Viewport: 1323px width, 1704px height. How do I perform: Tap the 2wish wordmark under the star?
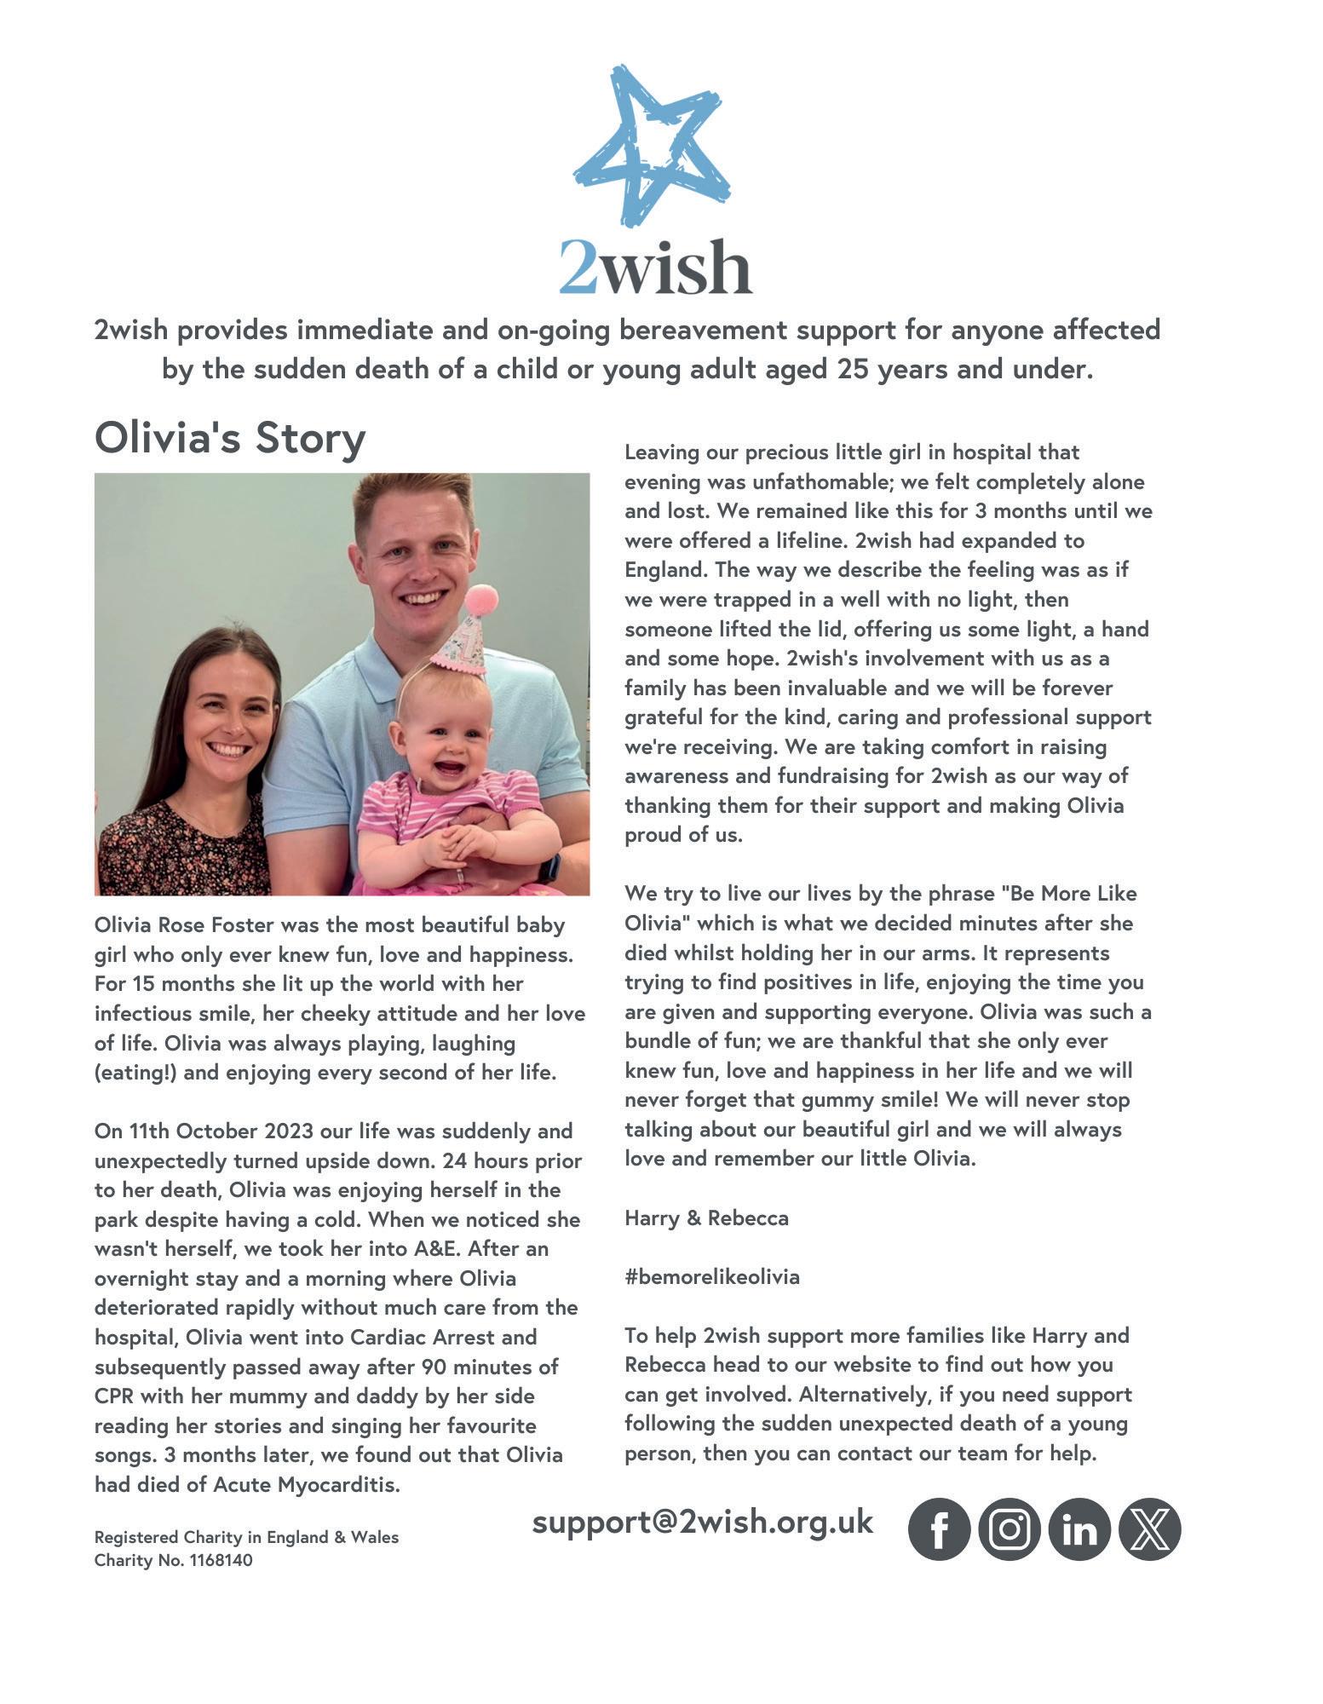tap(655, 267)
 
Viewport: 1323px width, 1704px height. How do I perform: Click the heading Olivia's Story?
tap(230, 438)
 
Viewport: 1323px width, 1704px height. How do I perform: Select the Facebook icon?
tap(939, 1529)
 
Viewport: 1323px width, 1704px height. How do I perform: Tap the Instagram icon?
tap(1010, 1529)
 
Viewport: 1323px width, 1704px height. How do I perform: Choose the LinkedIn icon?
tap(1079, 1529)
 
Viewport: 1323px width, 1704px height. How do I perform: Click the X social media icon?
tap(1150, 1529)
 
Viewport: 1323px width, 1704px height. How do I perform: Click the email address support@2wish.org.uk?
tap(703, 1522)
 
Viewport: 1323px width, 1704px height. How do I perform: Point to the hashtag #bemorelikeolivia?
tap(712, 1277)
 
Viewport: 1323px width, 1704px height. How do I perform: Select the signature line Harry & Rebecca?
tap(706, 1218)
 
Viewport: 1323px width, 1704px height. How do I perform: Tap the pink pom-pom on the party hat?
tap(482, 601)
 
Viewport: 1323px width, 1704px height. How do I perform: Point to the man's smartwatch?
tap(549, 867)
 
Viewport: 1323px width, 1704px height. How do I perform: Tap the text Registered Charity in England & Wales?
tap(246, 1537)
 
